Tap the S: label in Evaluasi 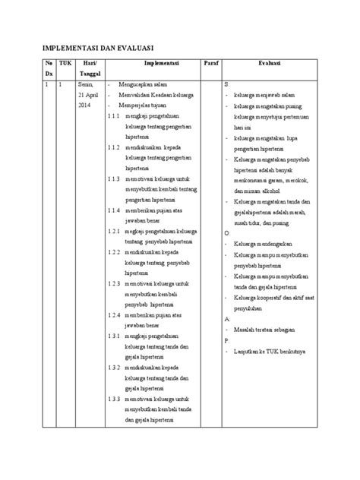(x=227, y=84)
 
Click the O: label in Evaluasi (x=227, y=232)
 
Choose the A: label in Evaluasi (x=227, y=321)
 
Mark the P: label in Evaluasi (x=227, y=342)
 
